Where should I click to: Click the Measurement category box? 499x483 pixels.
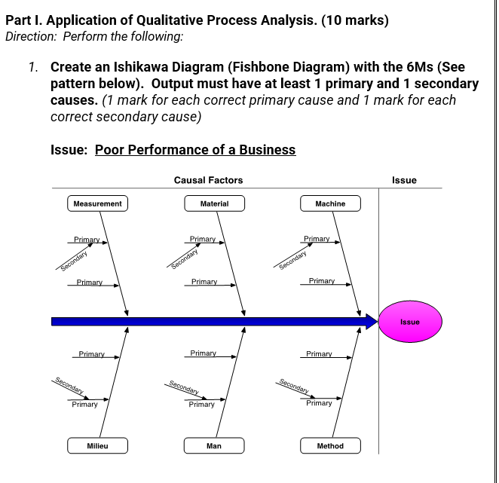[x=97, y=203]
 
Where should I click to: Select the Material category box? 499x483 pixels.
[x=214, y=203]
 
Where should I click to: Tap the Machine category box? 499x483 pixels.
[x=330, y=203]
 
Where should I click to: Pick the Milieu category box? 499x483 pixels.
[x=97, y=446]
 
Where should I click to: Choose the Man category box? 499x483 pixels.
[x=214, y=446]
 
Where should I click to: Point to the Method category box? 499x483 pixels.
[x=330, y=446]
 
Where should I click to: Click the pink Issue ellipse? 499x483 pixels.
[x=410, y=322]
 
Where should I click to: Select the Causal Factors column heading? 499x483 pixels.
[x=208, y=180]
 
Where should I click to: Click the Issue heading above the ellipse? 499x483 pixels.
[x=404, y=180]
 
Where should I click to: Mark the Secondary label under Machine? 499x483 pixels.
[x=292, y=258]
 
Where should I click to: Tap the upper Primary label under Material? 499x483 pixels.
[x=203, y=239]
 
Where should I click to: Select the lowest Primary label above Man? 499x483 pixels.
[x=202, y=405]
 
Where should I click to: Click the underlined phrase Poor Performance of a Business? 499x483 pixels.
[x=195, y=149]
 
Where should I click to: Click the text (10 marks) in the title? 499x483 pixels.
[x=355, y=20]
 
